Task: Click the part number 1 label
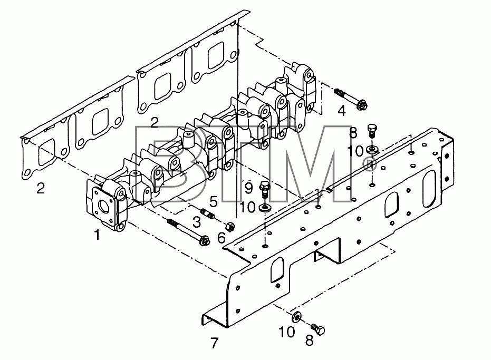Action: click(x=97, y=235)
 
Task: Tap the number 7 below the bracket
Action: click(x=214, y=344)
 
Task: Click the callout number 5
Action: click(x=213, y=201)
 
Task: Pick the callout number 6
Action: click(x=221, y=238)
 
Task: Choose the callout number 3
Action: click(x=196, y=222)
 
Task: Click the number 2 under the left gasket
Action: click(x=41, y=188)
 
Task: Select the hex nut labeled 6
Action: click(x=231, y=226)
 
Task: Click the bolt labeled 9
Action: click(x=264, y=189)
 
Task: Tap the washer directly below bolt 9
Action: click(x=266, y=208)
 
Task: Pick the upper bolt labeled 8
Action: click(x=372, y=131)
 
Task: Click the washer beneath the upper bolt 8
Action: click(x=372, y=149)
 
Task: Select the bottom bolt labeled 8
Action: click(x=318, y=329)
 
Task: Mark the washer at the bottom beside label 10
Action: click(x=296, y=317)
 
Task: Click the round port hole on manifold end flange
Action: click(x=103, y=206)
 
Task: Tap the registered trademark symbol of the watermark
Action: click(x=370, y=164)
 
